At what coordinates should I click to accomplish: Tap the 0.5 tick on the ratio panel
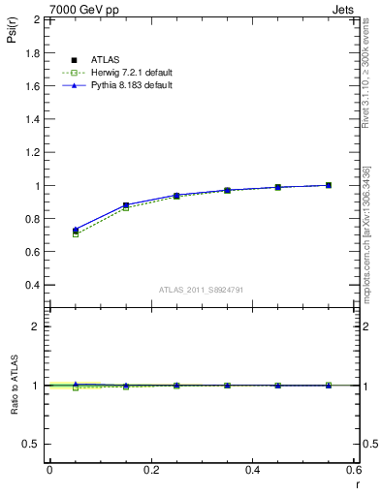33,444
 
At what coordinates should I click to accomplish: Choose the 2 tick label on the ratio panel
37,326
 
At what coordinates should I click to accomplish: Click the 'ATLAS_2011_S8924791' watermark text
203,290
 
